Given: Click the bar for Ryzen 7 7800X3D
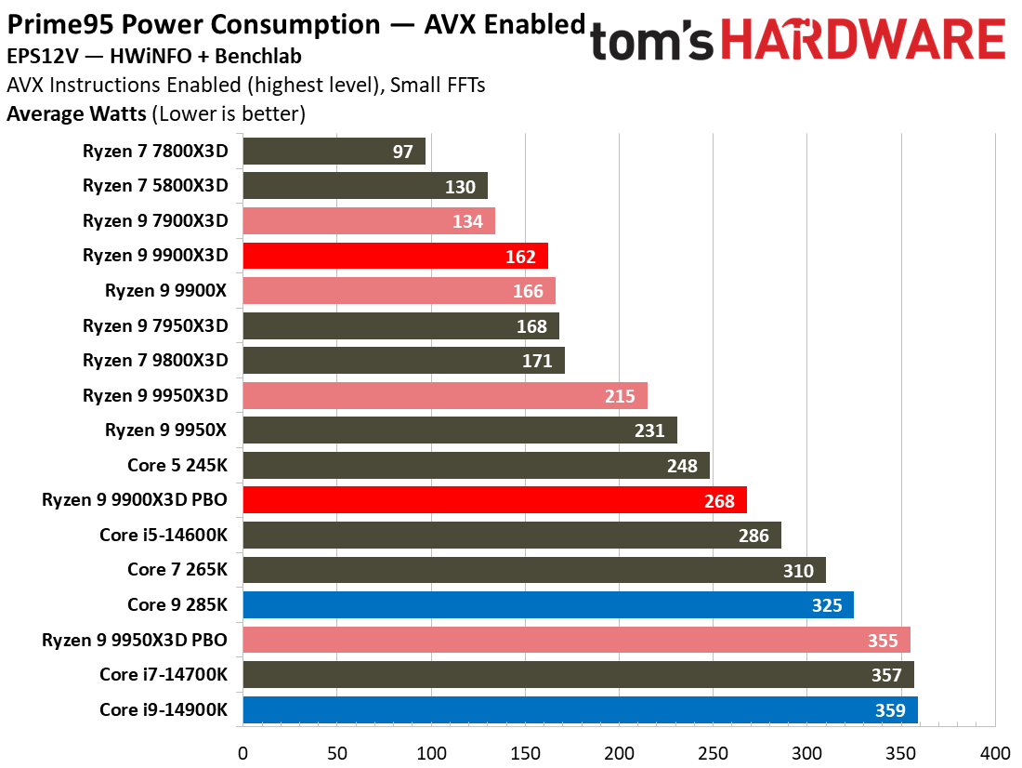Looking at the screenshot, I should [334, 151].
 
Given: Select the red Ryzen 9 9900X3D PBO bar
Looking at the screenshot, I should [494, 500].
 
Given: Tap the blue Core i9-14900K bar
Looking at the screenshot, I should [580, 710].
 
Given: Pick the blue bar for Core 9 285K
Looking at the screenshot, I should [548, 605].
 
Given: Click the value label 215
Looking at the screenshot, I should [620, 396].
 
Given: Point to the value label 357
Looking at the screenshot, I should [886, 675].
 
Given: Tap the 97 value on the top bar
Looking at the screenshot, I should [403, 152].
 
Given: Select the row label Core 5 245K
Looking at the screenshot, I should [177, 466].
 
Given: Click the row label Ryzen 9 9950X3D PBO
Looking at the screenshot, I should [135, 641].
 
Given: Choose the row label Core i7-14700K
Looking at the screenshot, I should [163, 675].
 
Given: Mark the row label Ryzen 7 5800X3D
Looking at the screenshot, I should [155, 186].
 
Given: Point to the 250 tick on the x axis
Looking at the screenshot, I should [713, 751].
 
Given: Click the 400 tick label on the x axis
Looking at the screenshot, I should [995, 751].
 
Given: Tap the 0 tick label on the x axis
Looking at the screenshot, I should [242, 751].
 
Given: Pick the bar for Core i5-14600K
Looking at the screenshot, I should [512, 536].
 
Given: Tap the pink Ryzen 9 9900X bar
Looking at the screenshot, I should [399, 291].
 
